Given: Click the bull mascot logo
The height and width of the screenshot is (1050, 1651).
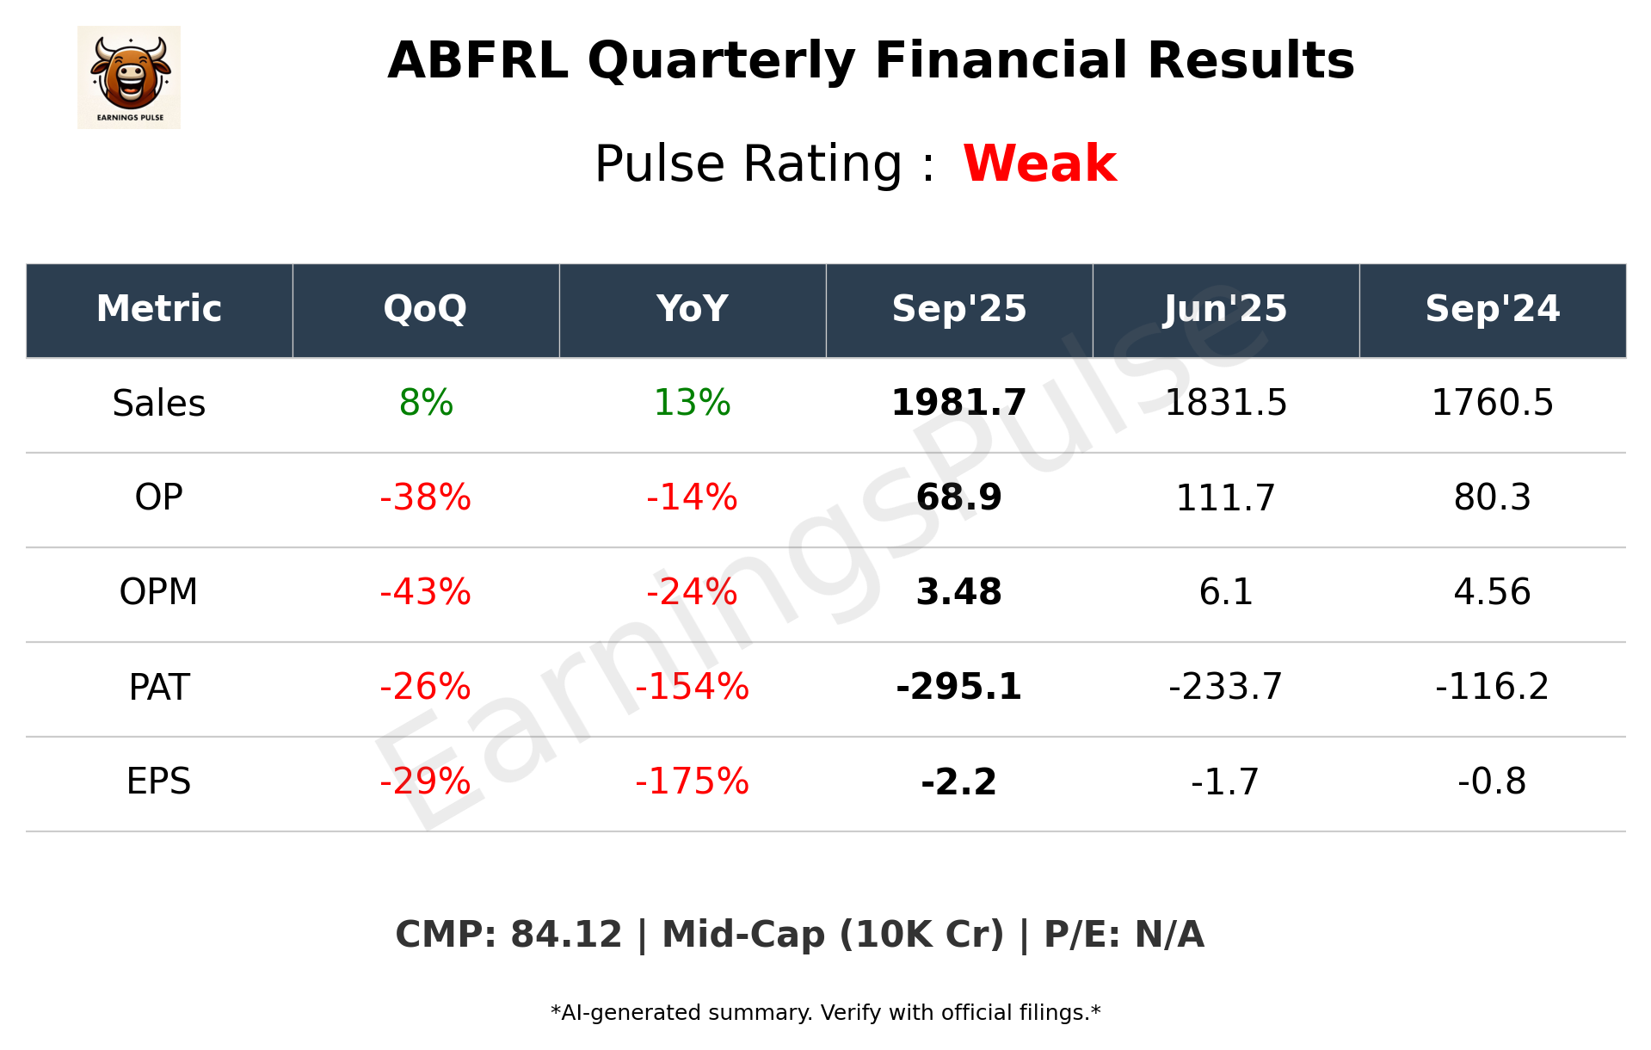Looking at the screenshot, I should click(x=129, y=77).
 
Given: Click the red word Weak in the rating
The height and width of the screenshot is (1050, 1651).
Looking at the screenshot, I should click(x=1039, y=164).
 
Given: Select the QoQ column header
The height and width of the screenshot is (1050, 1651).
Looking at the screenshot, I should click(x=425, y=309).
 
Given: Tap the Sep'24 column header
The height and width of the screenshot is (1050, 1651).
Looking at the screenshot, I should click(x=1492, y=309).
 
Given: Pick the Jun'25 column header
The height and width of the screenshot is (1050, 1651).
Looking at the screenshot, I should click(x=1225, y=309).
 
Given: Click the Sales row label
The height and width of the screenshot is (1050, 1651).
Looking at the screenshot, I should click(x=159, y=403).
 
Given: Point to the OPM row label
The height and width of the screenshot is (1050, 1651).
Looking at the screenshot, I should click(x=159, y=592).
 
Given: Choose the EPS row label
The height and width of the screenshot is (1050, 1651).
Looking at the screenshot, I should click(x=159, y=781).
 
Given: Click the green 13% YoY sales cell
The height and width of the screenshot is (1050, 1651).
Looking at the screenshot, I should click(x=692, y=403).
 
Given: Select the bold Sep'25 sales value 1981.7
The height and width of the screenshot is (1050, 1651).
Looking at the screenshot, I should click(x=958, y=403).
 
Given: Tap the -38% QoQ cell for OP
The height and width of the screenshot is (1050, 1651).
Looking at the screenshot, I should click(x=425, y=497).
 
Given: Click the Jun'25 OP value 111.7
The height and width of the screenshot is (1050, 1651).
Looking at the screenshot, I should click(x=1225, y=497).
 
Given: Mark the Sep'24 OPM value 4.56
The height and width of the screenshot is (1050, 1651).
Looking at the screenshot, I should click(x=1492, y=592).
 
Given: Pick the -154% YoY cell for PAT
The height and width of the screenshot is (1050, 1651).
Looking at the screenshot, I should click(x=692, y=687).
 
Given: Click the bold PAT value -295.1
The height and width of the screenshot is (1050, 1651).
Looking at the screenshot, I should click(x=958, y=687).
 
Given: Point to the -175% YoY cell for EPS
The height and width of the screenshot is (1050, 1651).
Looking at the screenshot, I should click(x=692, y=781).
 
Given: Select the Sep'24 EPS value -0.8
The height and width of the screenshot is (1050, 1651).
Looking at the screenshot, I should click(x=1492, y=781).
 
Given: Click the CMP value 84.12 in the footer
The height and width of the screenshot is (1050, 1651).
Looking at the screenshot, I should click(x=565, y=935).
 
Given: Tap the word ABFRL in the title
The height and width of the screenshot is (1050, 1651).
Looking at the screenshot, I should click(x=477, y=61).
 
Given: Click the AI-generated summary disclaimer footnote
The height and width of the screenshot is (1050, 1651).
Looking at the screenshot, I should click(x=825, y=1013).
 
